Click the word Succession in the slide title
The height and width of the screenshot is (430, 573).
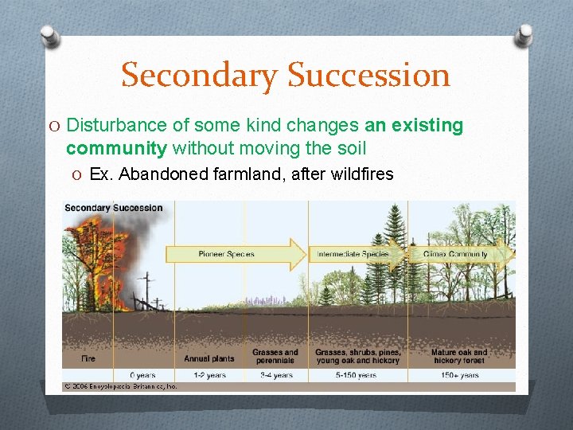[368, 76]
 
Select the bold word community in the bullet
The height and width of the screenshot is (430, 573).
[117, 148]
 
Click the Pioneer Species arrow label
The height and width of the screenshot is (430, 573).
[226, 254]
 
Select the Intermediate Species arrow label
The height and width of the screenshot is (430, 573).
[353, 254]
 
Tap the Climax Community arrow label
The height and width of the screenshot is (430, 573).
[457, 254]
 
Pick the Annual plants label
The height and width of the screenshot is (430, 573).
[209, 359]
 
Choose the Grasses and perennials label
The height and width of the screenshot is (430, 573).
[275, 356]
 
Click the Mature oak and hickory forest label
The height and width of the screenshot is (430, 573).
[459, 356]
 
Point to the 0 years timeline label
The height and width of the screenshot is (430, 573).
[143, 375]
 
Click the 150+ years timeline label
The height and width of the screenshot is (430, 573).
[459, 375]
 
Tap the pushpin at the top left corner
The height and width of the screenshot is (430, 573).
[49, 36]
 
